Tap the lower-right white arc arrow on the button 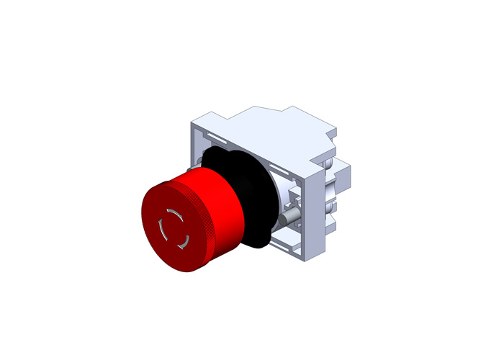point(184,238)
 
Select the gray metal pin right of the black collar point(290,216)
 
